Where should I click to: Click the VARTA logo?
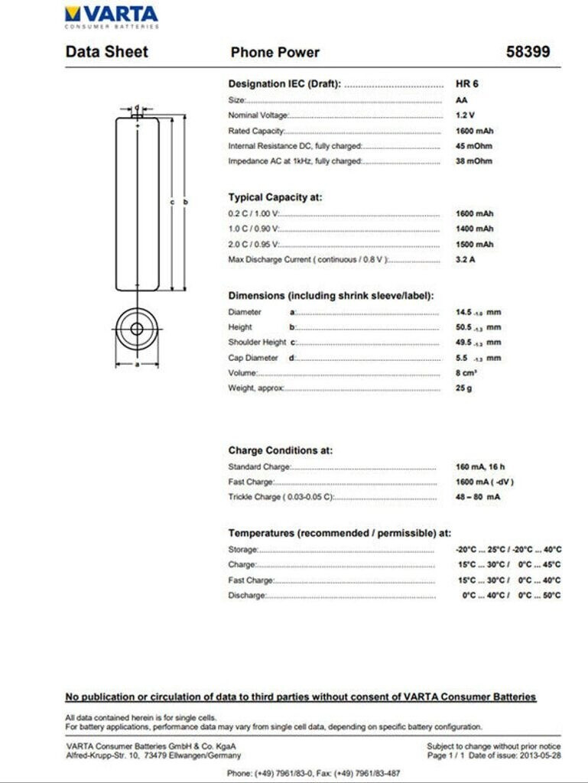tap(112, 15)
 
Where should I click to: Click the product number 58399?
tap(528, 52)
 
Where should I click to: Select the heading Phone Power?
tap(275, 52)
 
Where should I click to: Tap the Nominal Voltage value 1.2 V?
tap(465, 115)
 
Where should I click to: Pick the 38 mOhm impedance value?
tap(473, 161)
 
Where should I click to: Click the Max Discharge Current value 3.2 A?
tap(466, 259)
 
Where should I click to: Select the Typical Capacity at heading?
tap(275, 197)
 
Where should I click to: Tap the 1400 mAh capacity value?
tap(474, 229)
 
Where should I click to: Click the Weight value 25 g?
tap(464, 388)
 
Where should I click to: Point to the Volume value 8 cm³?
tap(466, 372)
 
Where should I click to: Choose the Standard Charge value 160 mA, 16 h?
tap(480, 466)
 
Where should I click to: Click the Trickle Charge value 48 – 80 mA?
tap(477, 497)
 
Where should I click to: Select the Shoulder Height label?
tap(257, 343)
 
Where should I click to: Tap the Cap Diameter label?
tap(253, 358)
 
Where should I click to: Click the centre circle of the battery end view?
tap(137, 330)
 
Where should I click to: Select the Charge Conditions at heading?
tap(281, 450)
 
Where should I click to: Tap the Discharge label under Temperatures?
tap(246, 596)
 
